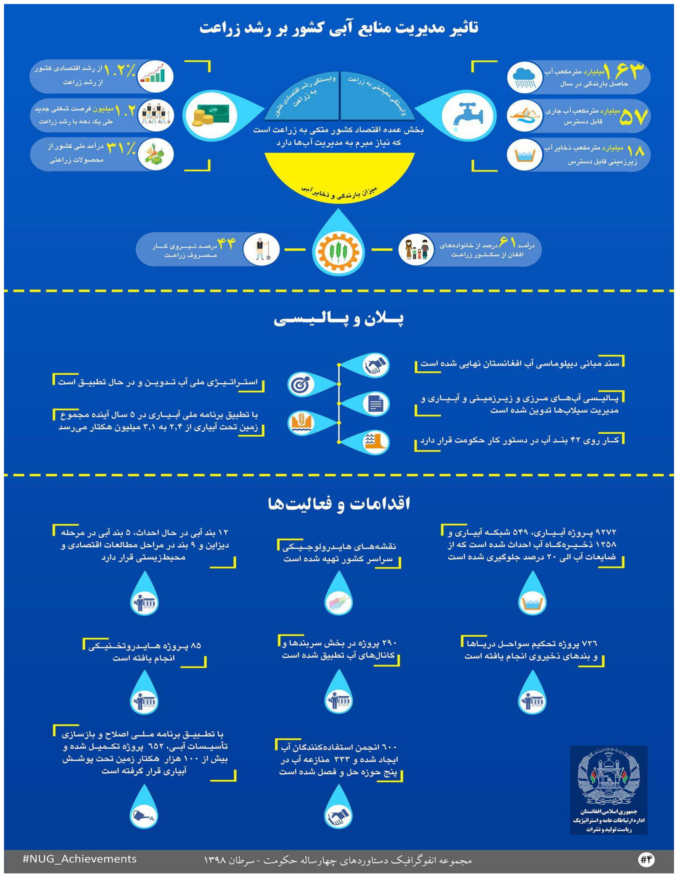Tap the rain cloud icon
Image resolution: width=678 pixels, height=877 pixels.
(x=524, y=77)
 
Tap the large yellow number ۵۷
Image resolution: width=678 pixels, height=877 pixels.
(x=633, y=117)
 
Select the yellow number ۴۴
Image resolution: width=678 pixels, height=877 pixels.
(x=226, y=244)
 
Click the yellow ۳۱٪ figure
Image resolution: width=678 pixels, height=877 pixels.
(x=120, y=149)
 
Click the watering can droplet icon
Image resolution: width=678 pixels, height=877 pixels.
(x=144, y=815)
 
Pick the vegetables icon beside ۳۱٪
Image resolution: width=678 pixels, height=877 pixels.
(x=156, y=154)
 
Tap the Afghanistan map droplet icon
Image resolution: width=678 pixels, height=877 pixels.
(x=338, y=603)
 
